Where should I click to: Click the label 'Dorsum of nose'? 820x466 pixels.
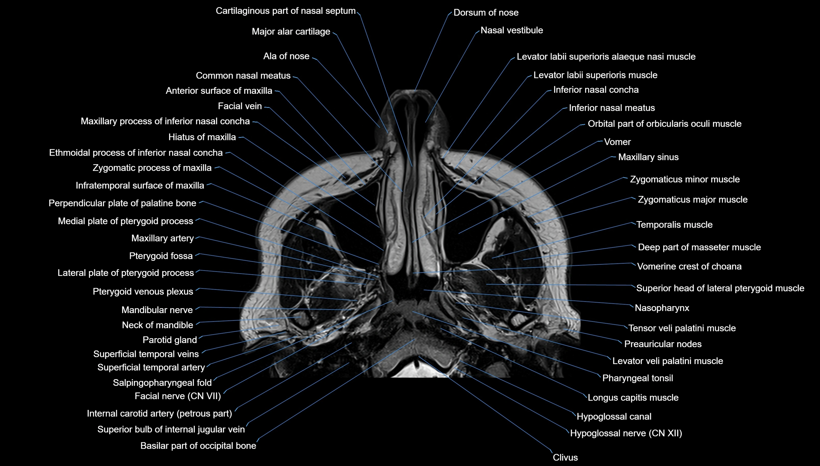(x=486, y=13)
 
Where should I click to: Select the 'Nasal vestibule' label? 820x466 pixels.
(x=512, y=30)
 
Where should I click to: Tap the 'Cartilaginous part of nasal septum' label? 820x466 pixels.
(x=285, y=11)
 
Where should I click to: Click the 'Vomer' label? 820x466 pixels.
(x=617, y=142)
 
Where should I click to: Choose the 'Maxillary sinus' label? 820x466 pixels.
(x=648, y=157)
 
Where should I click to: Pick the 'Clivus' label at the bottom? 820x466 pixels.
(x=565, y=458)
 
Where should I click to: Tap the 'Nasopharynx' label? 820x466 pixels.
(x=662, y=308)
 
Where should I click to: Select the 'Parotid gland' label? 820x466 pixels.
(x=170, y=340)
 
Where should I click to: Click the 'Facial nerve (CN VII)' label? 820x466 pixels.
(x=178, y=396)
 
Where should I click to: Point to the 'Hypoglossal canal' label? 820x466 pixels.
(x=614, y=417)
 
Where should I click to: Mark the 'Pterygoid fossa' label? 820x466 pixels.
(x=161, y=256)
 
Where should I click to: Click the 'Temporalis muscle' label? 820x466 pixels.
(x=674, y=225)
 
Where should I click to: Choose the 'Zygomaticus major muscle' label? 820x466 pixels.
(x=692, y=200)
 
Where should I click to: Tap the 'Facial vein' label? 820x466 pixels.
(x=240, y=106)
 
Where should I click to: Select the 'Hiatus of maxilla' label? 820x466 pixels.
(x=202, y=137)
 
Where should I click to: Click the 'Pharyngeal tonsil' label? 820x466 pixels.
(x=637, y=378)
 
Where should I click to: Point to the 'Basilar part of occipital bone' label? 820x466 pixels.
(x=198, y=446)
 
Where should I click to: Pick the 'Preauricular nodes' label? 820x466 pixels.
(x=663, y=344)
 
